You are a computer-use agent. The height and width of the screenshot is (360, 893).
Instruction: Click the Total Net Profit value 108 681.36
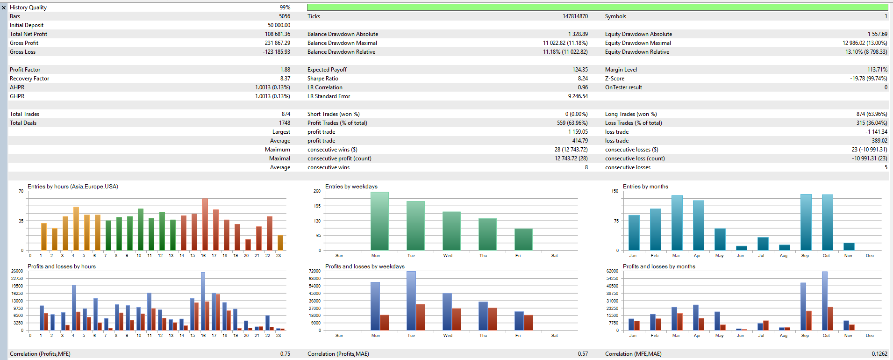pos(278,34)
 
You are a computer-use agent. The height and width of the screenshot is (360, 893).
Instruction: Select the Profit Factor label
pos(25,70)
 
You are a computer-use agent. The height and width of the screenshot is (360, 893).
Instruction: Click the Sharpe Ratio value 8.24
pos(583,79)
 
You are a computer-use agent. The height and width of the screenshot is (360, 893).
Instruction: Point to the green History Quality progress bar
pos(597,7)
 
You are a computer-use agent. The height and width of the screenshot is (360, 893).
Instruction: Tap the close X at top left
pos(4,7)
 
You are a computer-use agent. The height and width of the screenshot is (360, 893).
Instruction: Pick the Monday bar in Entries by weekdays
pos(379,221)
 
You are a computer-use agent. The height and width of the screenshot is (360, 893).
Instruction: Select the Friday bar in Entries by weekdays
pos(523,239)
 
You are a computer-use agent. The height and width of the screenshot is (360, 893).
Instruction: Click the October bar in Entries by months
pos(827,222)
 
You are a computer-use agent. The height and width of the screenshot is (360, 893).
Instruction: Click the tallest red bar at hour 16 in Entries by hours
pos(205,224)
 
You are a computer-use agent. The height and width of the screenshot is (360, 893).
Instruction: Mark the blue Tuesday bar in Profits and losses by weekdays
pos(411,300)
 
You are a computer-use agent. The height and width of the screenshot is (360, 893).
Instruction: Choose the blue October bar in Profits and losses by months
pos(825,301)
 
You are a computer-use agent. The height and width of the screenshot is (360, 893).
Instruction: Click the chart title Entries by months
pos(645,187)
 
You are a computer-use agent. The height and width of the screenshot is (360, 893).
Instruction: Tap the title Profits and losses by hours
pos(62,266)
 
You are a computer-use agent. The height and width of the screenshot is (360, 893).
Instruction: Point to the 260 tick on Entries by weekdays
pos(317,191)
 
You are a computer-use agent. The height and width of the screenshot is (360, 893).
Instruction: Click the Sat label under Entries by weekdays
pos(554,256)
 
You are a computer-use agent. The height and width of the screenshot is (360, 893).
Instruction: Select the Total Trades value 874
pos(286,114)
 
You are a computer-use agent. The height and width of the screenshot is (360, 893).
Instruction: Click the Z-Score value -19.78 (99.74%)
pos(868,79)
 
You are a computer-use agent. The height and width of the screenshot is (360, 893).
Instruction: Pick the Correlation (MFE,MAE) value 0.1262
pos(879,354)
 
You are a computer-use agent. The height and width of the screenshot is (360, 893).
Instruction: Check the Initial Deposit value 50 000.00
pos(279,25)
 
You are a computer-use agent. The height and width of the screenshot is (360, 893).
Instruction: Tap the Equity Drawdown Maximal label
pos(638,43)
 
